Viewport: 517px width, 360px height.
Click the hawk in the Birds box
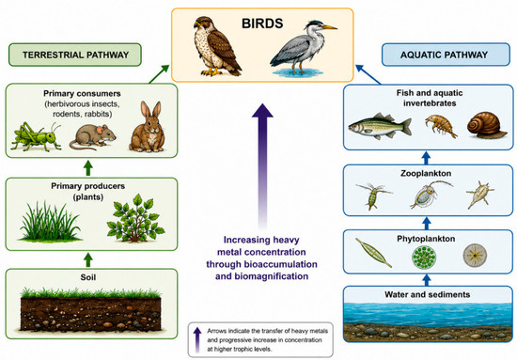coord(216,46)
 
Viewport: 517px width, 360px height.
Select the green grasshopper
coord(36,136)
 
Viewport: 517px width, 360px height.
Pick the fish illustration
coord(380,126)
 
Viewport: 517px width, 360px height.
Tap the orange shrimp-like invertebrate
coord(441,125)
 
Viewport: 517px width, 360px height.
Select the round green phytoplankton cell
coord(424,256)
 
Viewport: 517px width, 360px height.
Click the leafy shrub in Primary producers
coord(135,219)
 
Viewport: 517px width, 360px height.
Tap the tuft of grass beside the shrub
coord(50,222)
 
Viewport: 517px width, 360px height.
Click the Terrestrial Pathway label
coord(75,55)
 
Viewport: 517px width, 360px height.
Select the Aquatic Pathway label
coord(444,55)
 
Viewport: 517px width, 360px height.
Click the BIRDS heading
coord(262,23)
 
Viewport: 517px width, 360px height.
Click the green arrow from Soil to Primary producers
coord(87,259)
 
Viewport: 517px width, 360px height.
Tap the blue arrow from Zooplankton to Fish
coord(427,158)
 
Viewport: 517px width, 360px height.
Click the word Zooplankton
coord(426,173)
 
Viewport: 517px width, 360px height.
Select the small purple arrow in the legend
coord(197,340)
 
